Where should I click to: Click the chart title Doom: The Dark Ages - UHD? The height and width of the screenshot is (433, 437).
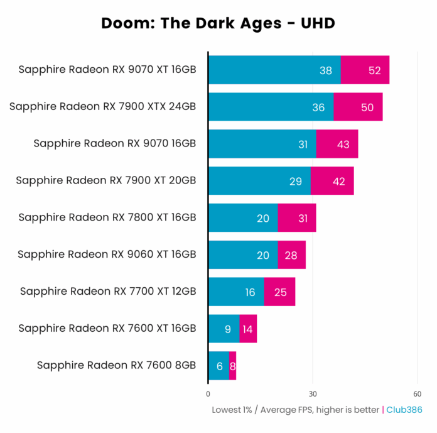[218, 24]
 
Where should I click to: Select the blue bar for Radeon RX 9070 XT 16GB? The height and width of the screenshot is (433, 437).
[274, 70]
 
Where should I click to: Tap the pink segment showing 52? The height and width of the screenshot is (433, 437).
[365, 70]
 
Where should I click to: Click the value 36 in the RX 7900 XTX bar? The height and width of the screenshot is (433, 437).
[318, 107]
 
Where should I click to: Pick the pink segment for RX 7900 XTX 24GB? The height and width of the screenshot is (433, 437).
[358, 107]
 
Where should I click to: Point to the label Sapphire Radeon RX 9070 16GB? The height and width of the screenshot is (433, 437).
[115, 143]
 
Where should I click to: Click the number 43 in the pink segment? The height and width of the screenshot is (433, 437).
[343, 144]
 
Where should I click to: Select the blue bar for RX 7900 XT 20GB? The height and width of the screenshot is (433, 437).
[259, 181]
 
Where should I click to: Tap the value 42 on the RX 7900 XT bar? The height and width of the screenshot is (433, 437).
[339, 181]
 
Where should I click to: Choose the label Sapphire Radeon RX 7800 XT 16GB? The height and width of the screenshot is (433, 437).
[107, 217]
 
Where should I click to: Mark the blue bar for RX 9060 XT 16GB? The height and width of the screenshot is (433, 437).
[243, 255]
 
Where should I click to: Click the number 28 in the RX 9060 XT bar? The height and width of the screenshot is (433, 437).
[291, 255]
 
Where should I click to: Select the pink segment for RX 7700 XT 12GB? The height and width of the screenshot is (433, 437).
[279, 292]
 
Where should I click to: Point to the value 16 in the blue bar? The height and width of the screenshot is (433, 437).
[250, 292]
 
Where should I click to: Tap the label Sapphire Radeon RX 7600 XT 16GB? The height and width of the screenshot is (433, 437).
[107, 328]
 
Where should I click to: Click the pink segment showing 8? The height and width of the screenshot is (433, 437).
[233, 366]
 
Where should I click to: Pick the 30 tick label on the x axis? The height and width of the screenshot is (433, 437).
[312, 394]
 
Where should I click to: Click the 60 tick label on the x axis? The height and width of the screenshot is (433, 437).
[417, 394]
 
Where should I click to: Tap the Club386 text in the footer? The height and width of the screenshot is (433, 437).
[404, 410]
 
